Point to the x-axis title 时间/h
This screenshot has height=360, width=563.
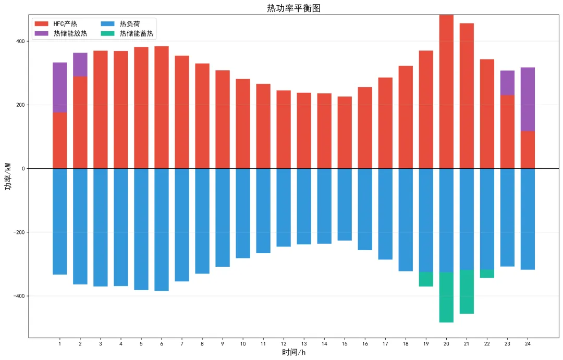click(x=294, y=353)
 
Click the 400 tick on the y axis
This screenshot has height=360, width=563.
click(x=20, y=41)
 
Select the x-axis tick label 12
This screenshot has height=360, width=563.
click(x=284, y=344)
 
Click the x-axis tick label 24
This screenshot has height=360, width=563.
click(x=528, y=344)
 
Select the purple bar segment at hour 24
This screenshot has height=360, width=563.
click(x=528, y=99)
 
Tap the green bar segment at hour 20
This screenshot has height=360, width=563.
click(x=446, y=297)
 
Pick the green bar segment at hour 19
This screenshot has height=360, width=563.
click(x=426, y=279)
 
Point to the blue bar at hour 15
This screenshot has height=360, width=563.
click(x=345, y=204)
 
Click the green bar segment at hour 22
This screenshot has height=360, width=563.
click(x=487, y=274)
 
